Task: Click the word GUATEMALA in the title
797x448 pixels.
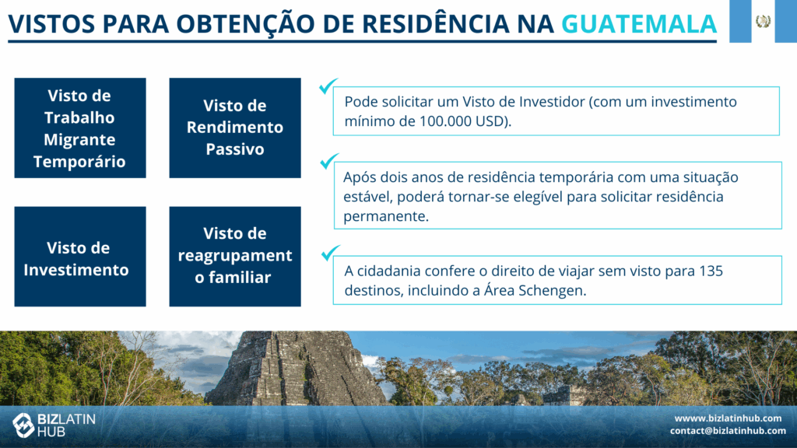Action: [x=639, y=24]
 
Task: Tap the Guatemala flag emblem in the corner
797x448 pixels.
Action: [x=763, y=21]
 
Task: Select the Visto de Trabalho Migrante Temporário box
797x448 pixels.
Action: [x=80, y=128]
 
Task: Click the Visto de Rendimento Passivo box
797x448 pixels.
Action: [x=235, y=128]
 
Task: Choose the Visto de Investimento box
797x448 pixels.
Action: [x=80, y=257]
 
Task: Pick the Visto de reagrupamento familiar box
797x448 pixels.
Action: [x=235, y=257]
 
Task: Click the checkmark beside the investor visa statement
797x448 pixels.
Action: [x=328, y=86]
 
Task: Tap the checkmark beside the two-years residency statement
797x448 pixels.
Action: [x=329, y=161]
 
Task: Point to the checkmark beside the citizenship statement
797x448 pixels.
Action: [x=330, y=253]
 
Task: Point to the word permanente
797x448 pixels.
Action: [x=386, y=216]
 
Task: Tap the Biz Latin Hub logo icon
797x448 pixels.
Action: [x=23, y=425]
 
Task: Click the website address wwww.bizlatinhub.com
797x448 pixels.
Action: [x=728, y=418]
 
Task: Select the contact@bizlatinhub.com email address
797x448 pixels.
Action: [x=728, y=431]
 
